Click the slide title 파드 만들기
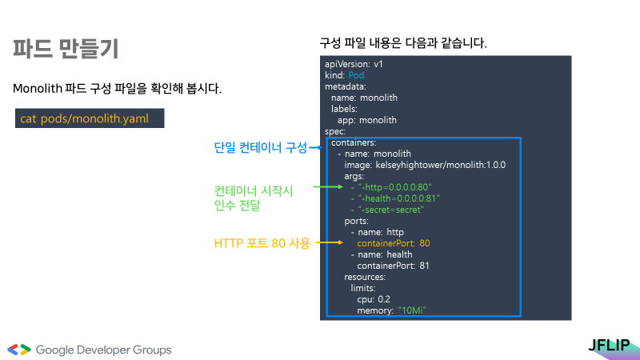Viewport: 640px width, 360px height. pyautogui.click(x=66, y=48)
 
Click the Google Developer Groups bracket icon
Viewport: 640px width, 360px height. pyautogui.click(x=19, y=350)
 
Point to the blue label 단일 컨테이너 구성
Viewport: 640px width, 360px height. pyautogui.click(x=260, y=147)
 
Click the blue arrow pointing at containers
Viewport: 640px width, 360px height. pyautogui.click(x=317, y=147)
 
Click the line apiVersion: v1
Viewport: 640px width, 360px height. pyautogui.click(x=354, y=63)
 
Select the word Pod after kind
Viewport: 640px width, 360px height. pyautogui.click(x=356, y=75)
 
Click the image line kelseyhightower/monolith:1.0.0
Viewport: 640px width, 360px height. pyautogui.click(x=425, y=165)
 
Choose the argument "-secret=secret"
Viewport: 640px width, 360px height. pyautogui.click(x=391, y=210)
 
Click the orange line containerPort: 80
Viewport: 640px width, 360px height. pyautogui.click(x=394, y=242)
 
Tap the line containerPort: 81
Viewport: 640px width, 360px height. pyautogui.click(x=393, y=265)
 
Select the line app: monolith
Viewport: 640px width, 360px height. pyautogui.click(x=367, y=120)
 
